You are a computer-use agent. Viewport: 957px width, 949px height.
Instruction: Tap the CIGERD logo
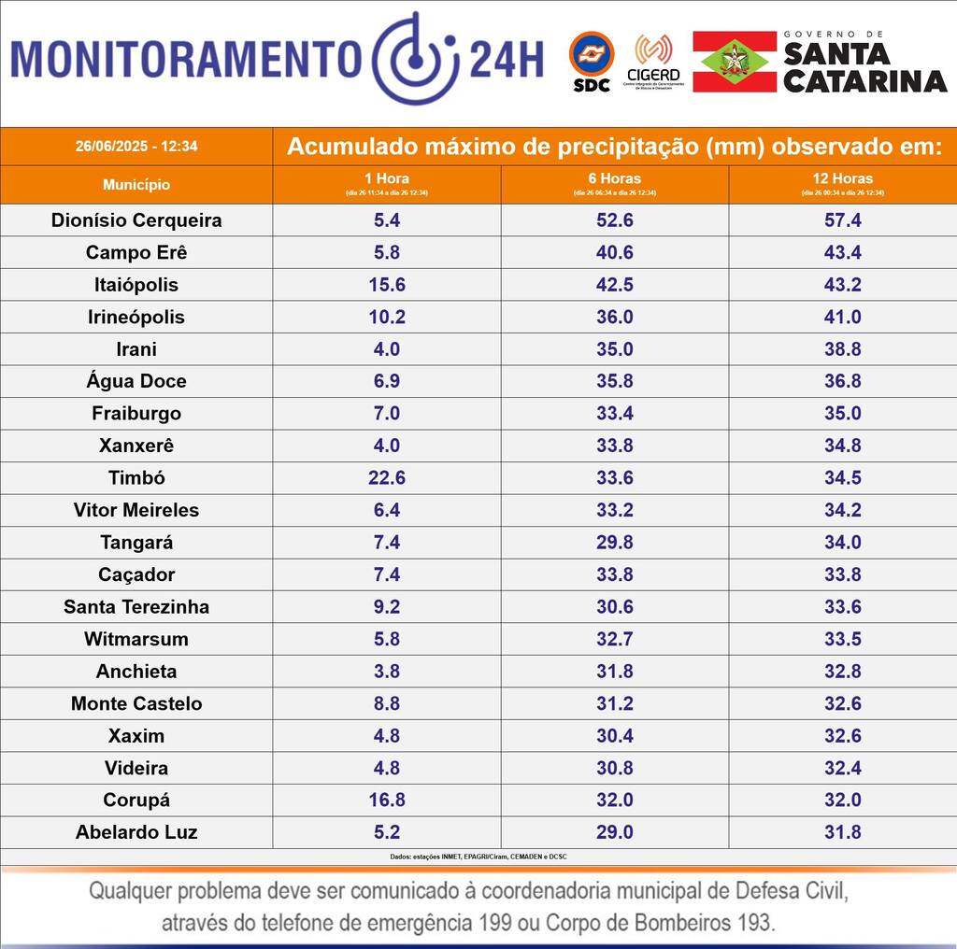[x=653, y=61]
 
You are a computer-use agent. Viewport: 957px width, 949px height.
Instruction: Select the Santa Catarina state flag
[x=735, y=62]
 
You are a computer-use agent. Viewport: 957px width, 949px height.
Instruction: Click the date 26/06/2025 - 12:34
[x=136, y=147]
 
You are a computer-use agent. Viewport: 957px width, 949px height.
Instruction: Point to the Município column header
[x=136, y=185]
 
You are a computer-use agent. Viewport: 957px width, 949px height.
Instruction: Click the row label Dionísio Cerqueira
[x=136, y=220]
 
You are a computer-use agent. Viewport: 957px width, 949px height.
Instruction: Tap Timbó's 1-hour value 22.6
[x=387, y=478]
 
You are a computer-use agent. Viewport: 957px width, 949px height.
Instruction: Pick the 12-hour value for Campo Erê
[x=842, y=253]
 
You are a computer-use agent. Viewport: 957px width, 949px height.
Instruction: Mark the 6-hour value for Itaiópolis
[x=615, y=285]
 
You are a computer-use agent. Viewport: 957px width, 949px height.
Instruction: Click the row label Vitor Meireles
[x=136, y=510]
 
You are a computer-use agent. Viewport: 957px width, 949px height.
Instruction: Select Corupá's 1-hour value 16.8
[x=387, y=800]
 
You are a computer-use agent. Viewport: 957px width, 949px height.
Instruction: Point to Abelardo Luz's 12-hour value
[x=842, y=832]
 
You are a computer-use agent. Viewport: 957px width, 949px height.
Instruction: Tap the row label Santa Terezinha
[x=136, y=607]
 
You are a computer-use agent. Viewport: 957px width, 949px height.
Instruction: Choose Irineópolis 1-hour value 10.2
[x=387, y=318]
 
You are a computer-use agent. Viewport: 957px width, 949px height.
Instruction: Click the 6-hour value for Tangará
[x=615, y=543]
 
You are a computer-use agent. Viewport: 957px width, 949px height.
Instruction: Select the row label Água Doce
[x=136, y=381]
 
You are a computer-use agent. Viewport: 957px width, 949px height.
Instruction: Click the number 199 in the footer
[x=489, y=924]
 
